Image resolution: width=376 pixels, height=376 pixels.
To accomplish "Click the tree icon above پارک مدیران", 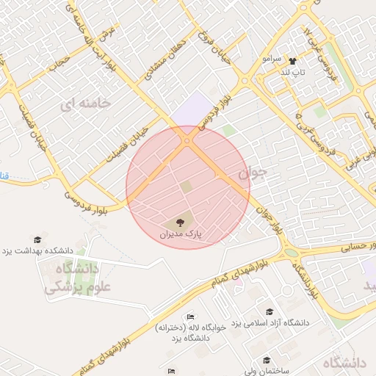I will click(x=181, y=221).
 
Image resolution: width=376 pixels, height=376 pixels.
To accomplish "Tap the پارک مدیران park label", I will click(x=181, y=234).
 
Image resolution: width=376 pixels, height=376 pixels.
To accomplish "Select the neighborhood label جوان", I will click(x=253, y=173).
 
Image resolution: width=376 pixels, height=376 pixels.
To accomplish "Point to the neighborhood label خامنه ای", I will click(x=88, y=104).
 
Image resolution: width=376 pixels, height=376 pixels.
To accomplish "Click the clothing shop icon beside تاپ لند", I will click(x=293, y=62).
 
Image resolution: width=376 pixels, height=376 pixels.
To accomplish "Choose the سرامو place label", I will click(x=270, y=57).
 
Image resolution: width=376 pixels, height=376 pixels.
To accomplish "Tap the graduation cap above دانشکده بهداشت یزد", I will click(x=37, y=239).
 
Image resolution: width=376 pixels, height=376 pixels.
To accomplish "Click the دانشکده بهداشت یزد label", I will click(x=37, y=250).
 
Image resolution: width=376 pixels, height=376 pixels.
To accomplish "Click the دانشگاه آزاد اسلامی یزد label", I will click(x=270, y=323).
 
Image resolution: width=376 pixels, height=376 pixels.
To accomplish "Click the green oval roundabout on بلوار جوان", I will click(x=292, y=253).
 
